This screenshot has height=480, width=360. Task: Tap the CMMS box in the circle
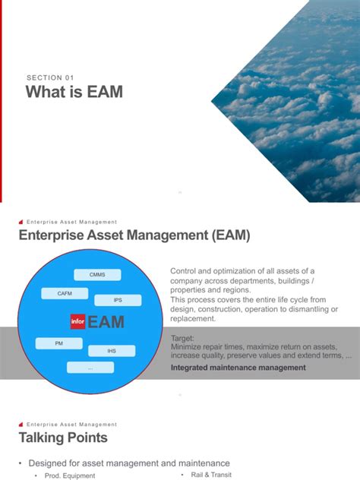(x=97, y=274)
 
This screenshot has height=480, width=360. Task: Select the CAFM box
(x=65, y=293)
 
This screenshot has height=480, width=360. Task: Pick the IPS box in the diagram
(x=118, y=300)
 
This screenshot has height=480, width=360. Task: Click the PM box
(x=58, y=343)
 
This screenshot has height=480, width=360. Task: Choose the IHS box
(x=112, y=351)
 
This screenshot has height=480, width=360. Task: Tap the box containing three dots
(x=90, y=368)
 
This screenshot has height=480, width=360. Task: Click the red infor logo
(x=77, y=322)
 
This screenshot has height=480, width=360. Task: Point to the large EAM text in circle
(x=106, y=323)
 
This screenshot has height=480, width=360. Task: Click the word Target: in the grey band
(x=182, y=337)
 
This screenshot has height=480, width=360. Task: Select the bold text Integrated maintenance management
(x=238, y=368)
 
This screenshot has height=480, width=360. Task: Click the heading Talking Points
(x=63, y=438)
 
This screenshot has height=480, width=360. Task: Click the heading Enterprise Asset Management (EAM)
(x=134, y=237)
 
